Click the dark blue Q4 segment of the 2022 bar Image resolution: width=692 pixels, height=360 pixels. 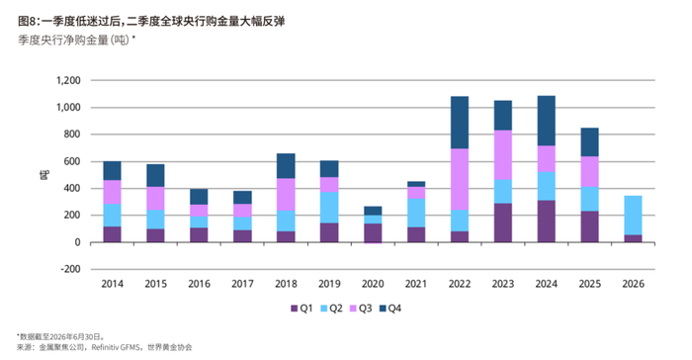[x=460, y=123]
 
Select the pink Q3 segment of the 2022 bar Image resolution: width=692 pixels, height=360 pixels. [x=460, y=179]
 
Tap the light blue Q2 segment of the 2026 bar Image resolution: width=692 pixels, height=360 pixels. [x=633, y=216]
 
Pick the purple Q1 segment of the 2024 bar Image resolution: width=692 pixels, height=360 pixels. [x=547, y=222]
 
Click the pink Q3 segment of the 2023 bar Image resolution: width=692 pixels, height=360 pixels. [x=503, y=155]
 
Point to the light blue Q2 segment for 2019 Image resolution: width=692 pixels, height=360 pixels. [x=329, y=208]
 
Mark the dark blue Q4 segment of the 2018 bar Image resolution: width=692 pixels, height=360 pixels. [x=286, y=166]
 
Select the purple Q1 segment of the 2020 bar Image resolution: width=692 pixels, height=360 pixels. [x=373, y=233]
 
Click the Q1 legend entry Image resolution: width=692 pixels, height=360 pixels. [x=302, y=309]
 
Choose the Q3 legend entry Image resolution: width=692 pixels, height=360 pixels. [x=360, y=309]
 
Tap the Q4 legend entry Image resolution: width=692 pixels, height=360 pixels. [x=390, y=309]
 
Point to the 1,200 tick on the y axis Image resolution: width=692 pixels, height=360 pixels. [x=68, y=80]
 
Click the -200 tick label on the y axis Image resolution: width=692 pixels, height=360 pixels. [x=70, y=269]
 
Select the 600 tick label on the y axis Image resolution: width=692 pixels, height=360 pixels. [x=72, y=161]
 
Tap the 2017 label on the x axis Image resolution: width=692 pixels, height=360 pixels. [x=242, y=284]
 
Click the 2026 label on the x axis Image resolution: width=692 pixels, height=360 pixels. [x=634, y=284]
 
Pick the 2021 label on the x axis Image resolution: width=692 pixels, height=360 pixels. [x=416, y=284]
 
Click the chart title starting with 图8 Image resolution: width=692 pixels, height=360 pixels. [x=151, y=21]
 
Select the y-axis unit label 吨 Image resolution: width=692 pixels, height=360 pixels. [x=44, y=175]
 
